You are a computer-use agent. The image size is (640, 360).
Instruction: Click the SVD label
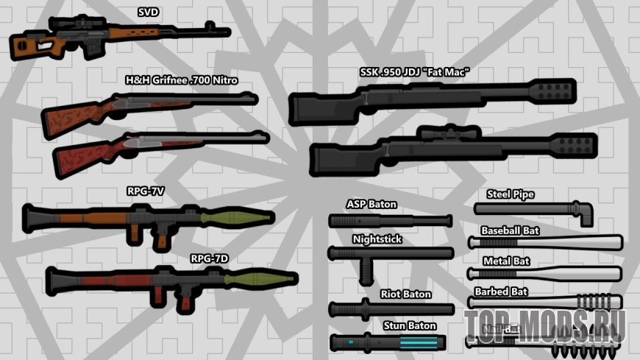[x=149, y=12]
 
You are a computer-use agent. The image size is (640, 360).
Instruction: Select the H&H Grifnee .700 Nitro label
[x=182, y=80]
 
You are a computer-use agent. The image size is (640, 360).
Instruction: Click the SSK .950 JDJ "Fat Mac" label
[x=414, y=72]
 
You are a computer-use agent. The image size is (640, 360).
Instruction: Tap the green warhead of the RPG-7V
[x=234, y=218]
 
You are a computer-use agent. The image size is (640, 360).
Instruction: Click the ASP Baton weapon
[x=390, y=221]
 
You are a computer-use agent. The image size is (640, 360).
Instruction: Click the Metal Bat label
[x=506, y=261]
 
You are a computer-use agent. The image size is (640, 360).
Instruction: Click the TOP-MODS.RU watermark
[x=544, y=325]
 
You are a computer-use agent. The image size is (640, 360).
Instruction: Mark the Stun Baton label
[x=410, y=325]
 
